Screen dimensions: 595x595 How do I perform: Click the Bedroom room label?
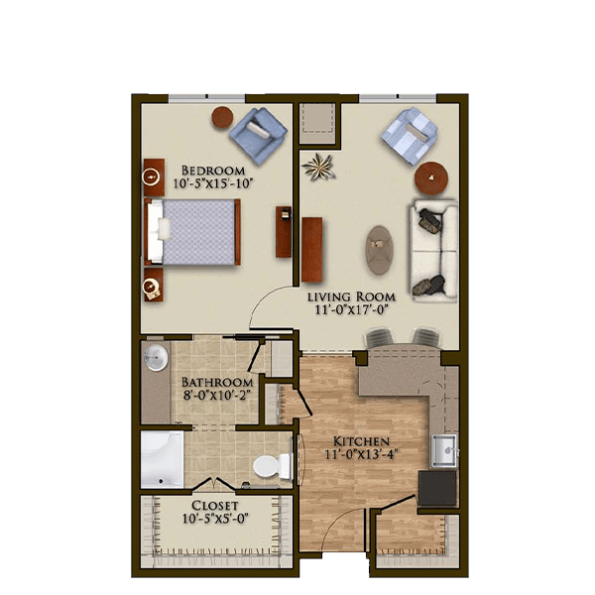[x=213, y=170]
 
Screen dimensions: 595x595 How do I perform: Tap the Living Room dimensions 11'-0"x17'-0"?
[x=351, y=310]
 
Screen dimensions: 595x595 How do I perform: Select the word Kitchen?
[x=361, y=441]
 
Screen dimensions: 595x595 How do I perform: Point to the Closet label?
[x=215, y=506]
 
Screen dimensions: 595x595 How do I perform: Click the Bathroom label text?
[x=216, y=382]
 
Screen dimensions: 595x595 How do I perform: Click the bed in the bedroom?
[x=192, y=232]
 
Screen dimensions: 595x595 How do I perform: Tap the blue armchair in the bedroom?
[x=258, y=136]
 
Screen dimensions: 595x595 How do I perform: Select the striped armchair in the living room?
[x=410, y=136]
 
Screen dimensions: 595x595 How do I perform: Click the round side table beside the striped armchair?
[x=431, y=178]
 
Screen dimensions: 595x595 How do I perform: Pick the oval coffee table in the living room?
[x=379, y=250]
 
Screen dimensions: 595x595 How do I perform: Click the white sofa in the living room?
[x=433, y=251]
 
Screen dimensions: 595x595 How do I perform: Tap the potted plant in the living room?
[x=318, y=167]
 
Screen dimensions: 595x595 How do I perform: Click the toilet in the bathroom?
[x=272, y=466]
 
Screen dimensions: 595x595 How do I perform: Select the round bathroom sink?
[x=156, y=357]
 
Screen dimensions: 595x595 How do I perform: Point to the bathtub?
[x=162, y=459]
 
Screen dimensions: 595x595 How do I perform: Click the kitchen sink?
[x=443, y=450]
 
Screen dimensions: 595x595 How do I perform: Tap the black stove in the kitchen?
[x=437, y=488]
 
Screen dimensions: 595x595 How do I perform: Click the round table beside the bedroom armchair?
[x=222, y=117]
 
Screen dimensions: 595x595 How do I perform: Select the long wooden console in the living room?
[x=312, y=249]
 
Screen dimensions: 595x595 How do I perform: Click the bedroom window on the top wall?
[x=207, y=98]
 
